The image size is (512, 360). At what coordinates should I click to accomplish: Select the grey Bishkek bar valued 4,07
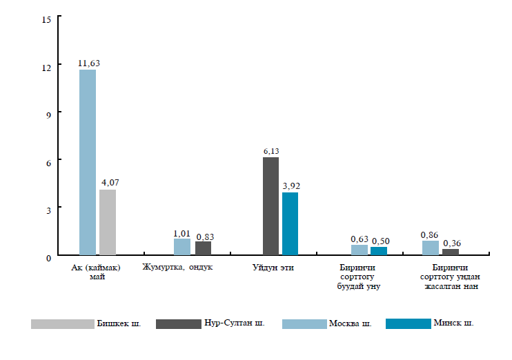pos(108,223)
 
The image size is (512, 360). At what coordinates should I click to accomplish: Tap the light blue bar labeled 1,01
pos(182,247)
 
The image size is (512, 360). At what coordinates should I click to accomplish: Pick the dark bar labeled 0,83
pos(203,248)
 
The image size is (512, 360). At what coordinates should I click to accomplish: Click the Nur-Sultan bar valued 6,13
pos(270,206)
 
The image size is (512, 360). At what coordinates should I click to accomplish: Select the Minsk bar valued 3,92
pos(290,224)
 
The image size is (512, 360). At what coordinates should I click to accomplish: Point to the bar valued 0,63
pos(360,250)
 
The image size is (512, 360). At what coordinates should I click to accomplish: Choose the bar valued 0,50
pos(379,251)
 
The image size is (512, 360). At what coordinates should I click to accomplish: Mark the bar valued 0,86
pos(431,248)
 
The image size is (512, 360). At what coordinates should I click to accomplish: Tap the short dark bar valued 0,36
pos(451,252)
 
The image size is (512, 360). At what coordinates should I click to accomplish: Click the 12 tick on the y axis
pos(47,66)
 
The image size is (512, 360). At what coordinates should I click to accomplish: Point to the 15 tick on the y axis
pos(47,19)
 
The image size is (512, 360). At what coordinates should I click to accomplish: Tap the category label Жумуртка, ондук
pos(181,268)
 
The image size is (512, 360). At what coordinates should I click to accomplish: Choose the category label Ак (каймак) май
pos(96,272)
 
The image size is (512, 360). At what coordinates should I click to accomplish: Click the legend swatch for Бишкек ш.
pos(62,323)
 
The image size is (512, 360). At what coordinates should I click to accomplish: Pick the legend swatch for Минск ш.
pos(407,323)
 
